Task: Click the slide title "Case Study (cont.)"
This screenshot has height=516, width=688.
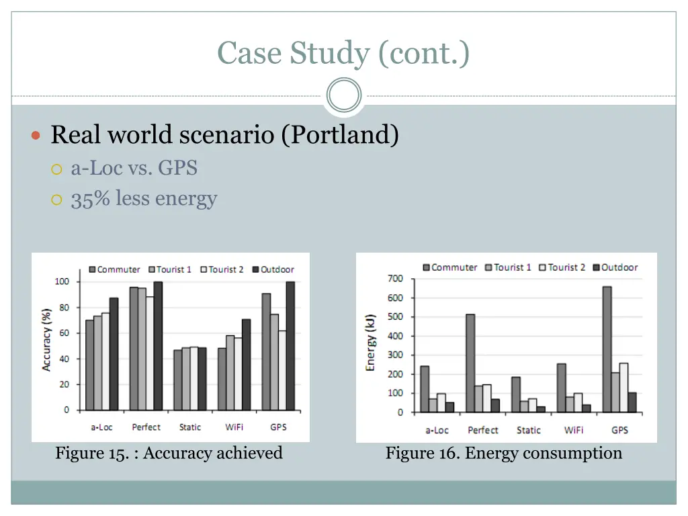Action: point(343,53)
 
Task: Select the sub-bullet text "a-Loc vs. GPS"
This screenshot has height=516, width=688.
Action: point(134,167)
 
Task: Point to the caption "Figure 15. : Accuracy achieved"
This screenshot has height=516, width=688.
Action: point(169,453)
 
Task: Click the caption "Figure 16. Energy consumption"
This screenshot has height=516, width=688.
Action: point(503,453)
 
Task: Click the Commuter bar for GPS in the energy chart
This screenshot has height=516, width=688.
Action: point(607,349)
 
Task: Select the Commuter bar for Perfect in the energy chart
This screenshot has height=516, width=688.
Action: point(469,363)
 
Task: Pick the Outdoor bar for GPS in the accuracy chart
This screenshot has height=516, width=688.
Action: point(290,346)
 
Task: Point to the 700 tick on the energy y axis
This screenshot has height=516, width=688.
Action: point(395,279)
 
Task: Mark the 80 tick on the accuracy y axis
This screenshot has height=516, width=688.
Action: point(62,308)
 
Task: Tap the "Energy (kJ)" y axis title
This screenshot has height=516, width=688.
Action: point(371,343)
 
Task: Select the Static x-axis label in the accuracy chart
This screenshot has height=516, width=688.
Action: point(190,427)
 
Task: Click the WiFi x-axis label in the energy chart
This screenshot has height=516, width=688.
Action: point(573,430)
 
